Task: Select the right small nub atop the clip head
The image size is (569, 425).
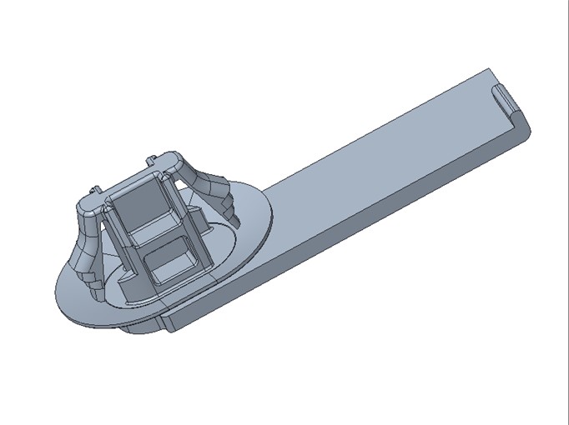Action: [x=150, y=158]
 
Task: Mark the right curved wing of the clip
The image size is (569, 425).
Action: [x=204, y=179]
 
